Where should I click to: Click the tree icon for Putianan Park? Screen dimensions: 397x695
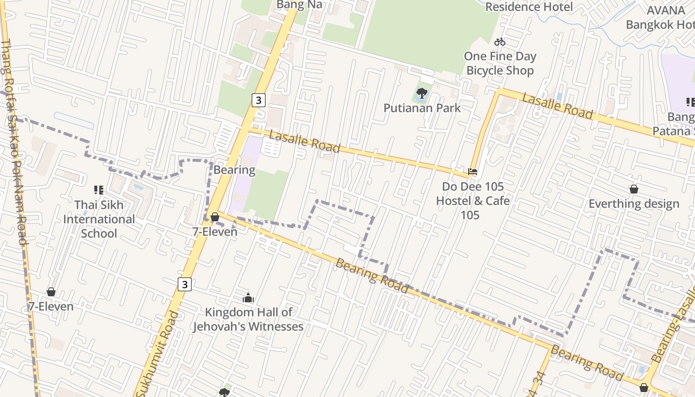pos(421,93)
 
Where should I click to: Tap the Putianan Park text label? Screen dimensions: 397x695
pos(422,108)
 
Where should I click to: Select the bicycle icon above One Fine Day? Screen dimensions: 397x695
pos(500,42)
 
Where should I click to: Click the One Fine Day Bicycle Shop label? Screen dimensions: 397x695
pos(500,64)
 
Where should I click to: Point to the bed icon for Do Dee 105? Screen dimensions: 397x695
pos(473,172)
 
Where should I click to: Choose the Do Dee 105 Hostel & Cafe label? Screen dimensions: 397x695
pos(473,200)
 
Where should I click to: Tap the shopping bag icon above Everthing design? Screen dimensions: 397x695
pos(633,189)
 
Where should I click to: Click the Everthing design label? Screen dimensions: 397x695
pos(633,203)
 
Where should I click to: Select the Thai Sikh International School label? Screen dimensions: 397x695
pos(99,219)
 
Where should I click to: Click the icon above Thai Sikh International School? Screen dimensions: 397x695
pos(99,190)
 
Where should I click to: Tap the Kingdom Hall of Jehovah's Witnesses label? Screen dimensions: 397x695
pos(248,319)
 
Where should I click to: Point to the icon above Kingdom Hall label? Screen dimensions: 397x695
pos(248,298)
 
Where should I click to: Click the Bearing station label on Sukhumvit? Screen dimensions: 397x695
pos(234,170)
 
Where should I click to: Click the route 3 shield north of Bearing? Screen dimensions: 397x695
pos(258,100)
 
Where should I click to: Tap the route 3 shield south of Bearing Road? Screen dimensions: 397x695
pos(185,284)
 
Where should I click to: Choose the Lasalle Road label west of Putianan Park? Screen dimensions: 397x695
pos(304,141)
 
